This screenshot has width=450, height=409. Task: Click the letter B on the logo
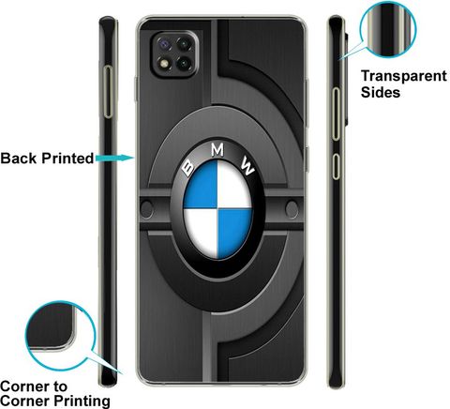[188, 167]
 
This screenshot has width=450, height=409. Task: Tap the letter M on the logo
[217, 150]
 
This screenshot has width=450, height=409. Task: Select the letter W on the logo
[247, 166]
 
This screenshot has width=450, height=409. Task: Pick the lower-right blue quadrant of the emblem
[233, 233]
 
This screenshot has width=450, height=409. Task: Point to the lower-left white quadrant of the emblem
[201, 232]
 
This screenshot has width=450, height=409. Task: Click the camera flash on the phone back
[164, 64]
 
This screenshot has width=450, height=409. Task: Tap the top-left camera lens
[164, 43]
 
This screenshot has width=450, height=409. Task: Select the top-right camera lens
[185, 44]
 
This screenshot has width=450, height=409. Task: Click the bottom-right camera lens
[185, 64]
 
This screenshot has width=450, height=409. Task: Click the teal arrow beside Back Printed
[114, 158]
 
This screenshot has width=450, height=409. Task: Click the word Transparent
[404, 76]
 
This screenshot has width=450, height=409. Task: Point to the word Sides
[381, 92]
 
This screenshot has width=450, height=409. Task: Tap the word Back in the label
[19, 158]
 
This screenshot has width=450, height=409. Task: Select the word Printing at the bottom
[82, 401]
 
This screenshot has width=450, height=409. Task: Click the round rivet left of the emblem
[146, 209]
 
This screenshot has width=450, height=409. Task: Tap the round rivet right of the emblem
[292, 209]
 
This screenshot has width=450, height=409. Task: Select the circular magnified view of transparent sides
[388, 29]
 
